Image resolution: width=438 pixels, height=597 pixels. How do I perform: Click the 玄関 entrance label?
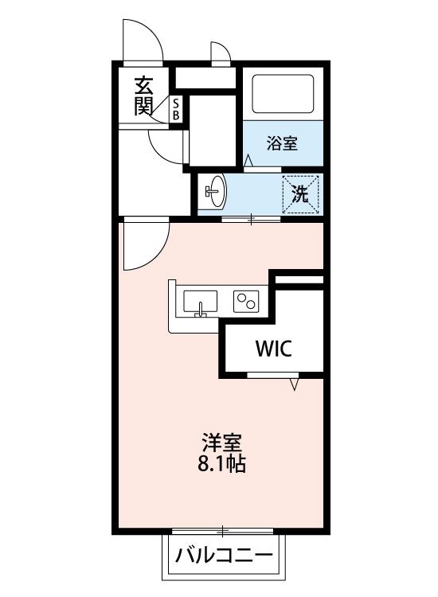click(143, 96)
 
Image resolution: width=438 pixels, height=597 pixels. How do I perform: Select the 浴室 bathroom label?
click(282, 144)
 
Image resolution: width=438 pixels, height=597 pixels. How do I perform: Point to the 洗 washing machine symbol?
click(299, 193)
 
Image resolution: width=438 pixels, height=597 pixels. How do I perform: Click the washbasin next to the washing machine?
click(215, 192)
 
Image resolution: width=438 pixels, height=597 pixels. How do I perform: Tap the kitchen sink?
click(201, 303)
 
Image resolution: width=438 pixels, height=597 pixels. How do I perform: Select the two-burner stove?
click(246, 302)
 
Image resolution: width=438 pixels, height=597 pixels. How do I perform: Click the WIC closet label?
click(273, 348)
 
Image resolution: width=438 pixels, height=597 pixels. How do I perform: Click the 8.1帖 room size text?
click(221, 463)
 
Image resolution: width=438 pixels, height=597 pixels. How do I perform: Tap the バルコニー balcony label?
click(225, 555)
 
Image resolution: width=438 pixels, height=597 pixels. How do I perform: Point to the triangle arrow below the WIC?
click(295, 384)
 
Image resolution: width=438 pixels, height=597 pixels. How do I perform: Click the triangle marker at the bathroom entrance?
click(248, 162)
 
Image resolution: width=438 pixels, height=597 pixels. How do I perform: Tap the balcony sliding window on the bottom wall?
click(224, 529)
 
